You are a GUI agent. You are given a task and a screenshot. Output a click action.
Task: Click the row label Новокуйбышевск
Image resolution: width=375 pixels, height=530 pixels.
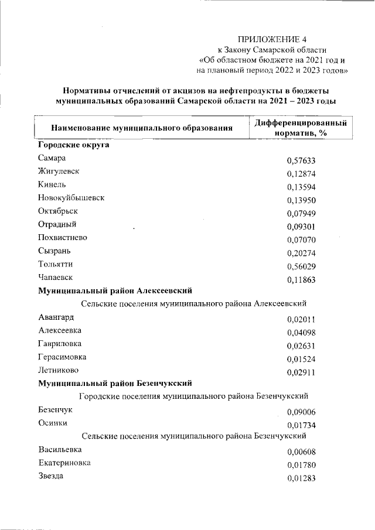pos(71,198)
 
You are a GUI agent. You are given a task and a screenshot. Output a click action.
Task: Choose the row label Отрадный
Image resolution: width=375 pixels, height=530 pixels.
pos(57,224)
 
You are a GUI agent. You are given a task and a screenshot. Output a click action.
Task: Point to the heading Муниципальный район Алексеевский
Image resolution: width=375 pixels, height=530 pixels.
pos(115,290)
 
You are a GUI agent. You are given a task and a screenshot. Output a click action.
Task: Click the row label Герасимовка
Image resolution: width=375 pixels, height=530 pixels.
pos(63,357)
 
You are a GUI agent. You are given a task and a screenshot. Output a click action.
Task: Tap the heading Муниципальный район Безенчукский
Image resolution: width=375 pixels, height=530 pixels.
pos(115,384)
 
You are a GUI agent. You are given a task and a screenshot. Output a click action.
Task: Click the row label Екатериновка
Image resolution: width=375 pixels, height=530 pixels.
pos(64,463)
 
